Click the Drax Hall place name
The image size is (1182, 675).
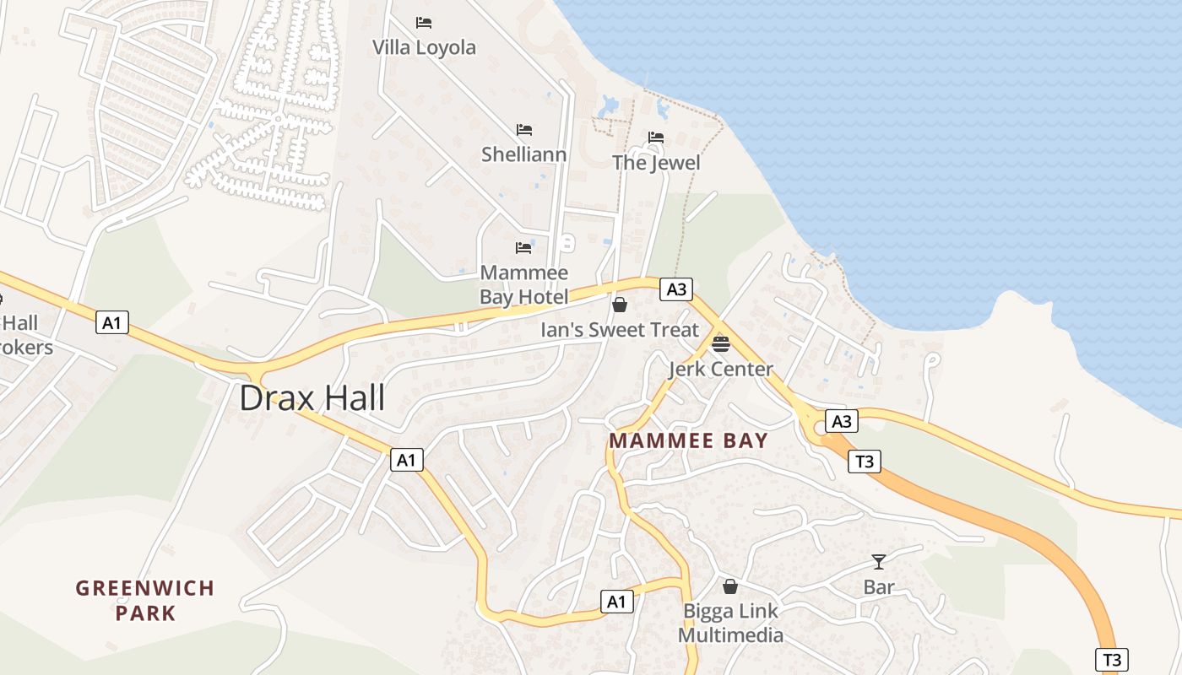point(312,397)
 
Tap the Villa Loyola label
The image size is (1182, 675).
point(424,47)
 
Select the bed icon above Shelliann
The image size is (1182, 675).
point(524,130)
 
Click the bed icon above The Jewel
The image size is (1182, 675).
point(656,138)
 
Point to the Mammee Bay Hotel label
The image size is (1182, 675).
point(523,284)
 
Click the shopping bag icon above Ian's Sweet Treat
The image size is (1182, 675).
point(620,305)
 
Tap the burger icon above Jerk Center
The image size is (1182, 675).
point(720,343)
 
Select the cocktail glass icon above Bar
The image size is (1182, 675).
point(879,562)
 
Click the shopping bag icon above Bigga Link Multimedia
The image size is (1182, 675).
point(730,586)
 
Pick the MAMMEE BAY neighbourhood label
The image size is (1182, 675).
point(688,440)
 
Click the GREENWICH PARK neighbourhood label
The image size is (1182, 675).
point(145,600)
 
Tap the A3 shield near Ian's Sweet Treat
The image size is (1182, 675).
point(676,289)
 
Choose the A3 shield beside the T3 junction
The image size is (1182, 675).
point(841,421)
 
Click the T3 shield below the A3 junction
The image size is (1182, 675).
point(865,461)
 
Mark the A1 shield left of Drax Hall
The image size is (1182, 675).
point(111,321)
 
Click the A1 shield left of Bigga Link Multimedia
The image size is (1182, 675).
point(617,602)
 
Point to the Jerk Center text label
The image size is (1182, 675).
point(720,369)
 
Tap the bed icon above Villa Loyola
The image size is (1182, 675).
point(424,23)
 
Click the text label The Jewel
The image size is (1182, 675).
point(656,162)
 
